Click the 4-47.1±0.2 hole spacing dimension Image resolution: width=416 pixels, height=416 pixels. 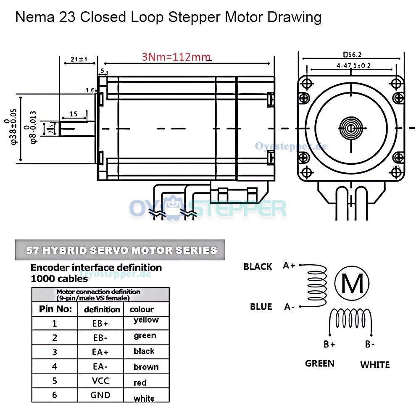pyautogui.click(x=353, y=66)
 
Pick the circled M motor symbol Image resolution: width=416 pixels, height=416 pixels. pyautogui.click(x=352, y=284)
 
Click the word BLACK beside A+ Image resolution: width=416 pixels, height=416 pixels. pyautogui.click(x=258, y=267)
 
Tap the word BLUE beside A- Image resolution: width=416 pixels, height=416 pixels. pyautogui.click(x=261, y=307)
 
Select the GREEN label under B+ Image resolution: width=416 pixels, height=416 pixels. pyautogui.click(x=320, y=363)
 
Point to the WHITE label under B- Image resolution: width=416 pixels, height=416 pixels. pyautogui.click(x=375, y=365)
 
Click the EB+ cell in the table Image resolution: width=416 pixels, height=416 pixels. pyautogui.click(x=100, y=324)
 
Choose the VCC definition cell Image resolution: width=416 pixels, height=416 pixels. pyautogui.click(x=100, y=381)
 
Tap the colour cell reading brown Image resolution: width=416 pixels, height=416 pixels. pyautogui.click(x=146, y=367)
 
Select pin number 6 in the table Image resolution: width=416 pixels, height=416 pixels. pyautogui.click(x=54, y=395)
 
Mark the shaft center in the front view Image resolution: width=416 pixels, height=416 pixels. pyautogui.click(x=350, y=127)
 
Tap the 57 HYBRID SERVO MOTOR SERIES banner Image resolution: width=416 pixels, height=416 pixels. pyautogui.click(x=121, y=250)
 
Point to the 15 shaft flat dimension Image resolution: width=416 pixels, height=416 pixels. pyautogui.click(x=74, y=114)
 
